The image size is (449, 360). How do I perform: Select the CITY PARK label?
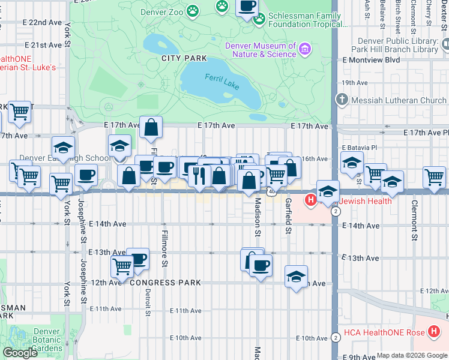pos(184,59)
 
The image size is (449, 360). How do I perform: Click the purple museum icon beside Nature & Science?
pos(305,48)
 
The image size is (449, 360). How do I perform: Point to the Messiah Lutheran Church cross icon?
pos(342,100)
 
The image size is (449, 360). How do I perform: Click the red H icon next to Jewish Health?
pos(311,201)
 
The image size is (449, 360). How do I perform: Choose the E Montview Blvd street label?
pos(370,60)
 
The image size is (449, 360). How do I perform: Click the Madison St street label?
pos(257,217)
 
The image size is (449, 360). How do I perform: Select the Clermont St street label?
pos(414,219)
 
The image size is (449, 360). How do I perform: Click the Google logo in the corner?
pos(20,353)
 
